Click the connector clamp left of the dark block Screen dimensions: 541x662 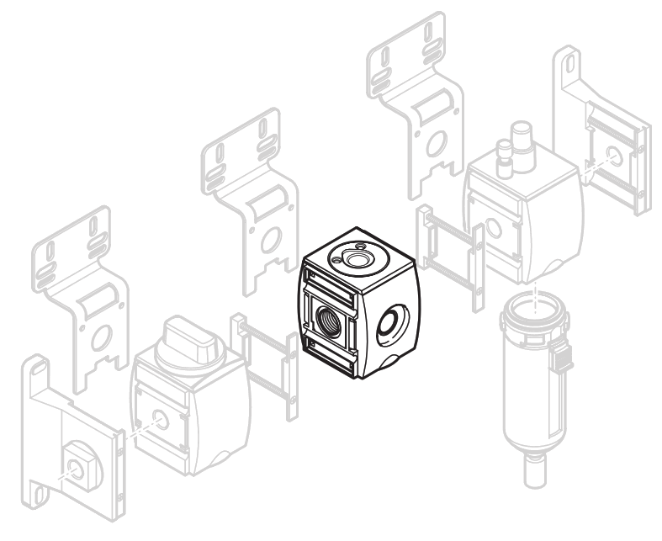264,366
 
